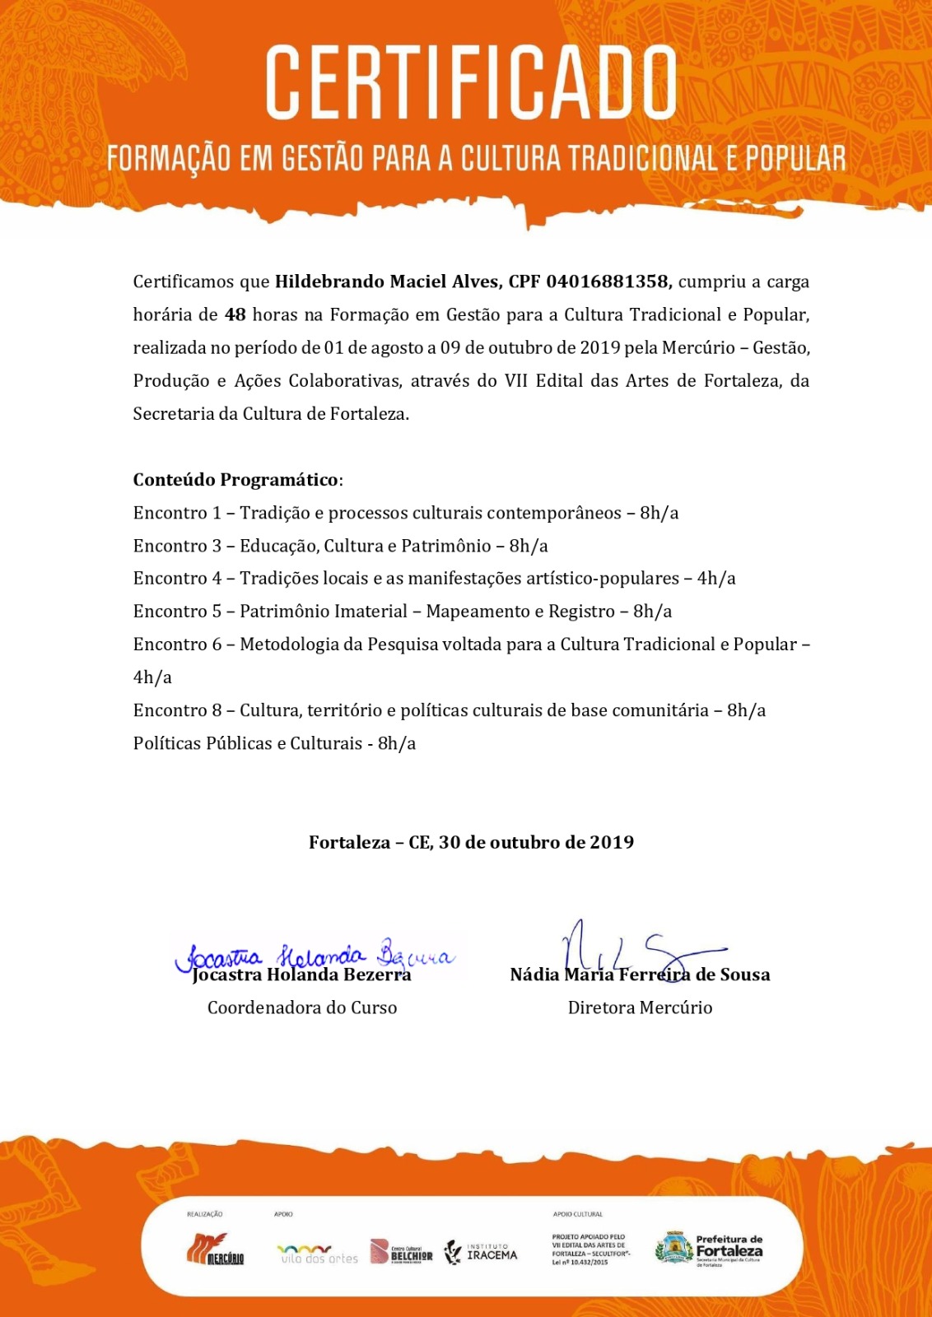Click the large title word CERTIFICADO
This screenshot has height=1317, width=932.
(x=471, y=82)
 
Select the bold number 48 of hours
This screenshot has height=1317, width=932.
(x=235, y=314)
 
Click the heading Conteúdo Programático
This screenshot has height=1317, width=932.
(x=236, y=480)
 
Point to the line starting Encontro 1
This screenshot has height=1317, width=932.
(x=406, y=513)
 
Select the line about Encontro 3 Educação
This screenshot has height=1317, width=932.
(x=340, y=546)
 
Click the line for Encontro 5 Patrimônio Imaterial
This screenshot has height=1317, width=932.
(x=403, y=612)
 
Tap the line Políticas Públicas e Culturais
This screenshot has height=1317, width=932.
(x=274, y=743)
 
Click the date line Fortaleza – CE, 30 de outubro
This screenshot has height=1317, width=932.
(x=471, y=842)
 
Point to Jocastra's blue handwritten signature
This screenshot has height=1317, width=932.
(x=313, y=956)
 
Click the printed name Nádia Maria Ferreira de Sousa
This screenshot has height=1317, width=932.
(x=640, y=975)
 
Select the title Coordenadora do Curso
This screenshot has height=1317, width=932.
(x=302, y=1008)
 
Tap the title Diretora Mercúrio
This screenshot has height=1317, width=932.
(x=640, y=1008)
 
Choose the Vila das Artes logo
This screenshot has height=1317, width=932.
(x=317, y=1254)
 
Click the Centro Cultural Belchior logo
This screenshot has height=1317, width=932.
(x=401, y=1251)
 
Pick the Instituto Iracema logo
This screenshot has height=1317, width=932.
(x=481, y=1252)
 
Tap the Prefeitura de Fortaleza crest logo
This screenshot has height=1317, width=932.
(x=673, y=1248)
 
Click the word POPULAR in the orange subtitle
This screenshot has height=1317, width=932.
(x=795, y=159)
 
